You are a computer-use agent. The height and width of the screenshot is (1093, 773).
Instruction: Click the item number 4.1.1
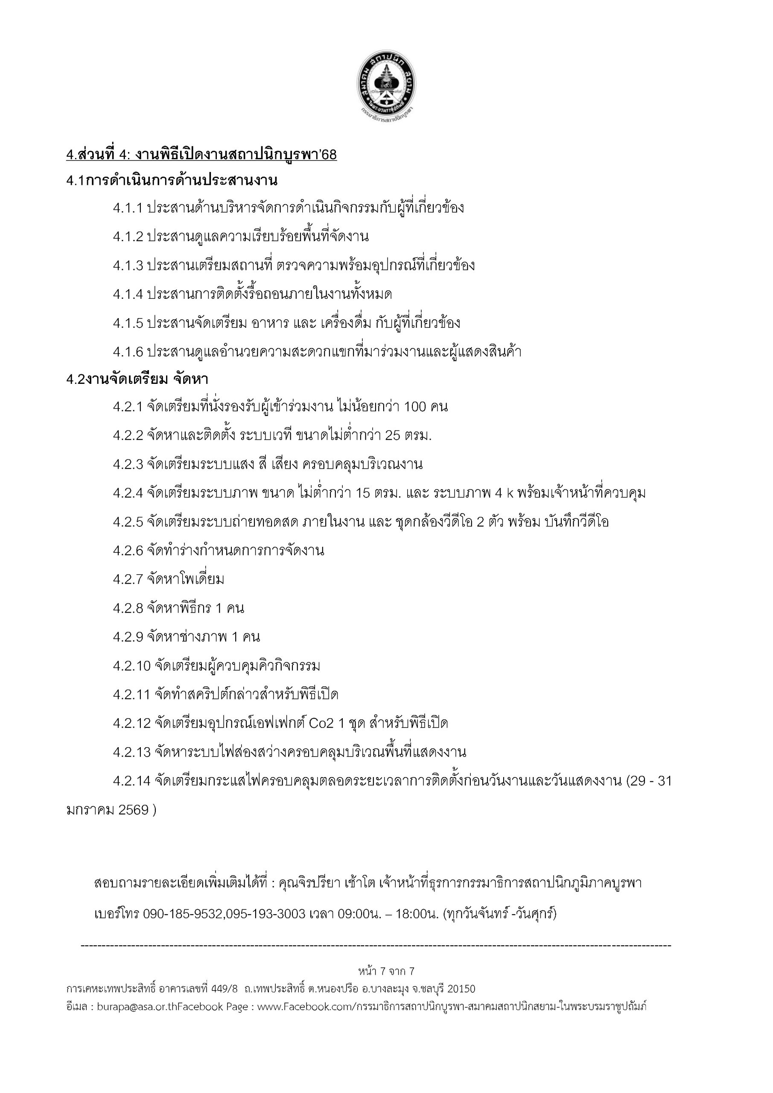coord(128,208)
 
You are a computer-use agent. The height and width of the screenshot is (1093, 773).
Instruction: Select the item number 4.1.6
coord(128,352)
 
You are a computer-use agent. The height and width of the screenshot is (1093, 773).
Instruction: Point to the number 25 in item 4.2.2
coord(393,435)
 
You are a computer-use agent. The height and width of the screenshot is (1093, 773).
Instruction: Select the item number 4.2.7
coord(128,579)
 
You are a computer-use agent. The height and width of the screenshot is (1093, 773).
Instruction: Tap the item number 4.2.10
coord(132,666)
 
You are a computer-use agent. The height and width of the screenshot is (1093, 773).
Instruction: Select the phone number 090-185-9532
coord(184,914)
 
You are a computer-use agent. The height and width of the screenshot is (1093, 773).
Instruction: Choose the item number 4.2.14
coord(132,781)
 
